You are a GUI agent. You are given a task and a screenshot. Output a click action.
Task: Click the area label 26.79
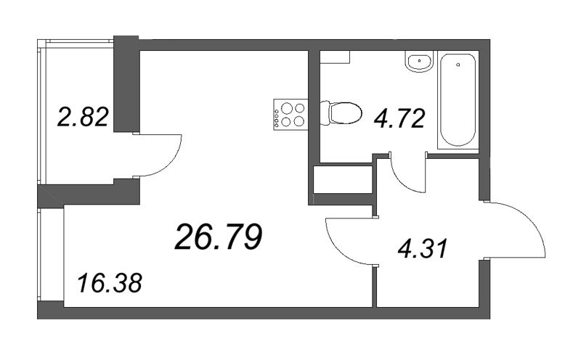218,237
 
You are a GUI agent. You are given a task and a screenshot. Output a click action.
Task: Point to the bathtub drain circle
459,65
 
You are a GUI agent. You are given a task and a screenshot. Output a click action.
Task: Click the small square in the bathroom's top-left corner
336,56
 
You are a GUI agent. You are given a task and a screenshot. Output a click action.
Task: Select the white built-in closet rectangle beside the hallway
341,180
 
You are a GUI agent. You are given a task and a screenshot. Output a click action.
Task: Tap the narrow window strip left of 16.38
51,258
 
